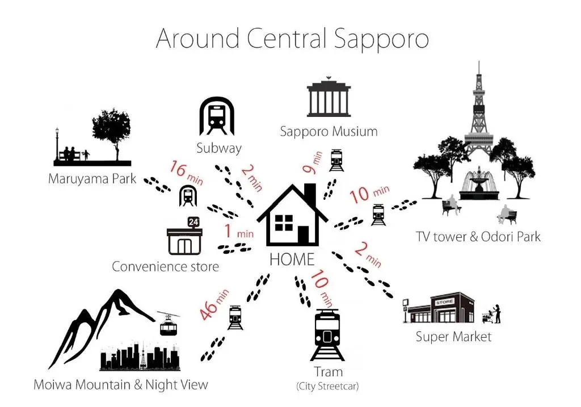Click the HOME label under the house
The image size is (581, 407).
point(292,259)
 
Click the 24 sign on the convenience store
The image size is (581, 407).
point(194,221)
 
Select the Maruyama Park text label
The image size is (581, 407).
point(92,179)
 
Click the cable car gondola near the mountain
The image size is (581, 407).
point(169,324)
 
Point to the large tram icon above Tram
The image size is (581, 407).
point(328,335)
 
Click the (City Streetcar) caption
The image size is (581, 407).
point(327,387)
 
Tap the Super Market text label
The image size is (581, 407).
point(453,337)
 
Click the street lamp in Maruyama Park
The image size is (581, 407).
point(57,145)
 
